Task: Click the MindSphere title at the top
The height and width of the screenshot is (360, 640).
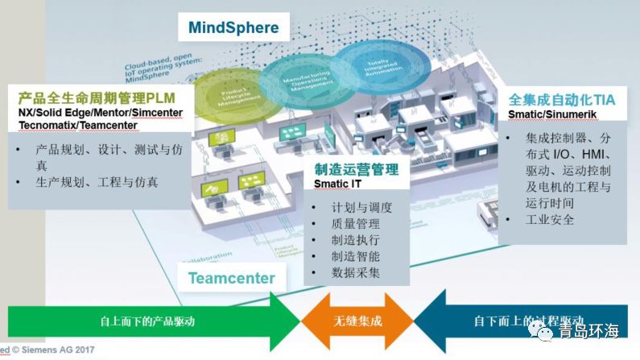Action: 233,28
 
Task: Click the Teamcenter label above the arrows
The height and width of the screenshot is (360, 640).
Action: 232,279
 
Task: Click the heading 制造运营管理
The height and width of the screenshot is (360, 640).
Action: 356,170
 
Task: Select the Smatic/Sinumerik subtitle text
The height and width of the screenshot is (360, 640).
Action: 547,114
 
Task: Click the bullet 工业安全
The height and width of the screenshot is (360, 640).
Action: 550,219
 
